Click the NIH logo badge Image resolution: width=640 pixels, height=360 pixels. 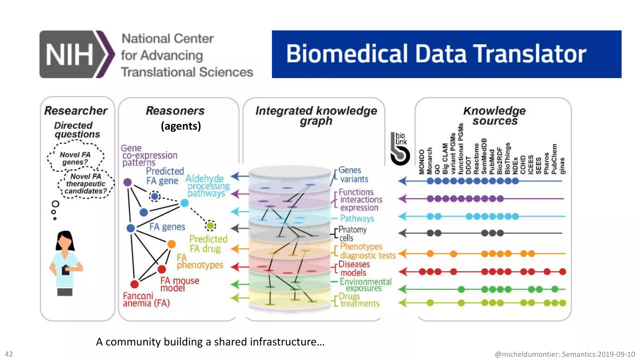(x=77, y=54)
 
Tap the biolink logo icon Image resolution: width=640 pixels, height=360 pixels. (x=400, y=149)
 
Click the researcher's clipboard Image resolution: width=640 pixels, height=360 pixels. (x=66, y=270)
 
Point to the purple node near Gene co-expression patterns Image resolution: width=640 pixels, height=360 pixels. (x=127, y=182)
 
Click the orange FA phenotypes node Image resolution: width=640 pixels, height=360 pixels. (x=171, y=244)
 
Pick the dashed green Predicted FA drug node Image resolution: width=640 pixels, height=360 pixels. (x=211, y=225)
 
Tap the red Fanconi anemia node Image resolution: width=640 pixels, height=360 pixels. (x=134, y=284)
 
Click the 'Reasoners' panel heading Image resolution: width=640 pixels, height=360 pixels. (x=175, y=111)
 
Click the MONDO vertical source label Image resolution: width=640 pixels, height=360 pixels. (x=422, y=162)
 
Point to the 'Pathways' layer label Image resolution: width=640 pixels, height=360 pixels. (x=357, y=218)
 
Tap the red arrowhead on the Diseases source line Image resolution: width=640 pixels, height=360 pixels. (x=403, y=272)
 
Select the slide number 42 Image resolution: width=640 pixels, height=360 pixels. (x=9, y=354)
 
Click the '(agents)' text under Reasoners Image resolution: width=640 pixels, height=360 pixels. (x=181, y=126)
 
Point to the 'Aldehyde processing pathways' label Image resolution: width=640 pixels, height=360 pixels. (x=207, y=186)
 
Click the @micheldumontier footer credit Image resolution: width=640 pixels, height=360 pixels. (x=565, y=354)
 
